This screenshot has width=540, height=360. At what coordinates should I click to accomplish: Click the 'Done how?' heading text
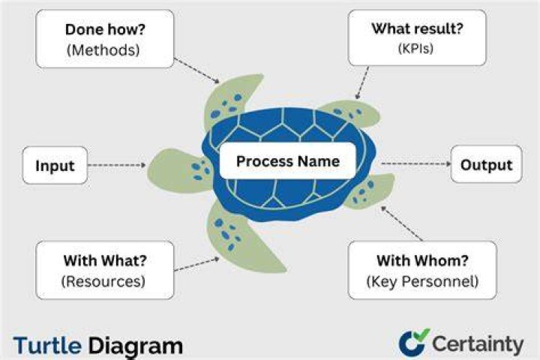pos(105,30)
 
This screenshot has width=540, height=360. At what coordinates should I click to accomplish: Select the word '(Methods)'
pos(103,50)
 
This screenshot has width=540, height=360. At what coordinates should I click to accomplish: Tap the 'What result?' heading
pos(417,28)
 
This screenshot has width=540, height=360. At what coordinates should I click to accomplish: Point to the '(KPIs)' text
pos(415,48)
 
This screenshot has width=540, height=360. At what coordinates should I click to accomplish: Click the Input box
pos(55,165)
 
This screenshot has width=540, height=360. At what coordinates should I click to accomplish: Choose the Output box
pos(486,165)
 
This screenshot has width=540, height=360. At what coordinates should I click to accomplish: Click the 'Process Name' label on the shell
pos(288,161)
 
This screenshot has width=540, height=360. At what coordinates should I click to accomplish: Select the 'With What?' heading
pos(105,261)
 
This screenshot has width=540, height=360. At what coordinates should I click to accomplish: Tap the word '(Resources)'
pos(103,281)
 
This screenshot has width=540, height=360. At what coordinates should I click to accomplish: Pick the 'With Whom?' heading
pos(422,261)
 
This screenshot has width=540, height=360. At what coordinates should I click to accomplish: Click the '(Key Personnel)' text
pos(422,281)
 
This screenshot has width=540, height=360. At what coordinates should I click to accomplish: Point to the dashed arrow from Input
pos(117,165)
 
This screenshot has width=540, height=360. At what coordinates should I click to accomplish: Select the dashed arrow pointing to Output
pos(416,163)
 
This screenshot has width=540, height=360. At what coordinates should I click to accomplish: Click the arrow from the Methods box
pos(196,70)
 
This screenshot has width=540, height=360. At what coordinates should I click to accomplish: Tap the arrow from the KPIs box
pos(363,83)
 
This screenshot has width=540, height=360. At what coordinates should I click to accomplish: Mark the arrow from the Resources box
pos(197,264)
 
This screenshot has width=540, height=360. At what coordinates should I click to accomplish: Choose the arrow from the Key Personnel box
pos(402,223)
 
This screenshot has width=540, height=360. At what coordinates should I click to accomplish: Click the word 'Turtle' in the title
pos(47,345)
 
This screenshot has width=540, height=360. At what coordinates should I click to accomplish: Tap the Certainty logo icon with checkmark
pos(413,343)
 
